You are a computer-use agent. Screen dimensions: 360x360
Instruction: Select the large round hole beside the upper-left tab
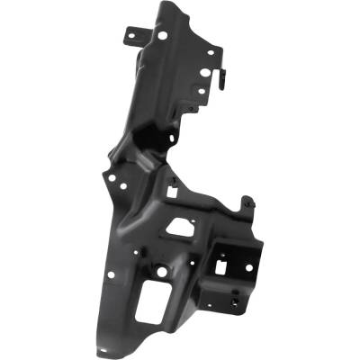click(x=162, y=36)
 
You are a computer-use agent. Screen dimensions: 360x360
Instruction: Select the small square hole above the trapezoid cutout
click(x=172, y=192)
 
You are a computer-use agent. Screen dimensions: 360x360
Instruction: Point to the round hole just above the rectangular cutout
click(x=162, y=270)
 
